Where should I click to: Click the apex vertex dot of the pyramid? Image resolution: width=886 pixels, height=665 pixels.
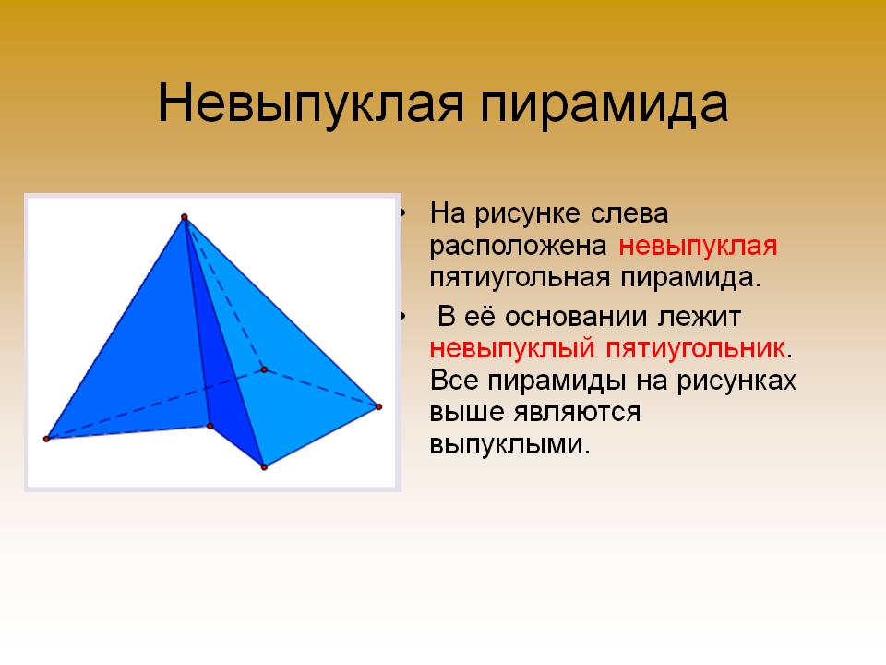coord(185,217)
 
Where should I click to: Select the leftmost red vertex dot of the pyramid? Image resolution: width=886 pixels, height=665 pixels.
coord(47,439)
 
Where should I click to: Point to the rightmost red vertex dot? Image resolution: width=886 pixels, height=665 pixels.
coord(378,406)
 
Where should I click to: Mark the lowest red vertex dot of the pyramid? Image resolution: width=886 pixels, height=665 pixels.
coord(264,467)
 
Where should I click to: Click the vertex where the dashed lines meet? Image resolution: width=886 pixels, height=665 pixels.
coord(264,369)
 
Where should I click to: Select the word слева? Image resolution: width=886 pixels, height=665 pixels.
coord(629,213)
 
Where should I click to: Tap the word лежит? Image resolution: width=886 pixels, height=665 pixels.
coord(699,317)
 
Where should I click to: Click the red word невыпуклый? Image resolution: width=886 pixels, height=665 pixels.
coord(512,349)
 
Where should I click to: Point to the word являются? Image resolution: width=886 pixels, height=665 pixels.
coord(577,412)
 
